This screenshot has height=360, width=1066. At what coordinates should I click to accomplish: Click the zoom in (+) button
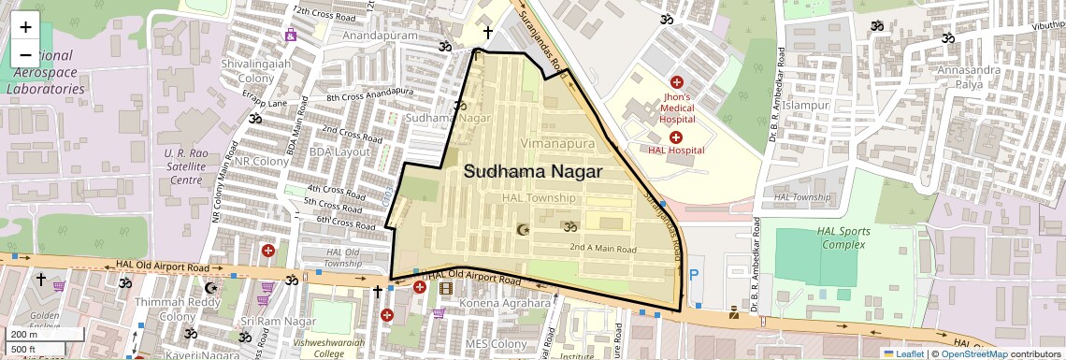tap(25, 26)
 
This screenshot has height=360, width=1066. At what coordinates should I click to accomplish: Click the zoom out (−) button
tap(25, 54)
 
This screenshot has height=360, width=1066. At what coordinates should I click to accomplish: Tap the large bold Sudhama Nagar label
tap(533, 173)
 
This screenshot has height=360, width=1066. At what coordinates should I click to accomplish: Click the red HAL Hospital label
tap(675, 150)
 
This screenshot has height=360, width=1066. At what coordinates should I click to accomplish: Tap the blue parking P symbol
tap(693, 275)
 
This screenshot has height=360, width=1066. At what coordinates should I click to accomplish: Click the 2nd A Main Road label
tap(603, 249)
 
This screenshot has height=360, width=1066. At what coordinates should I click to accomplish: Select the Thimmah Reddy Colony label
tap(165, 310)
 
